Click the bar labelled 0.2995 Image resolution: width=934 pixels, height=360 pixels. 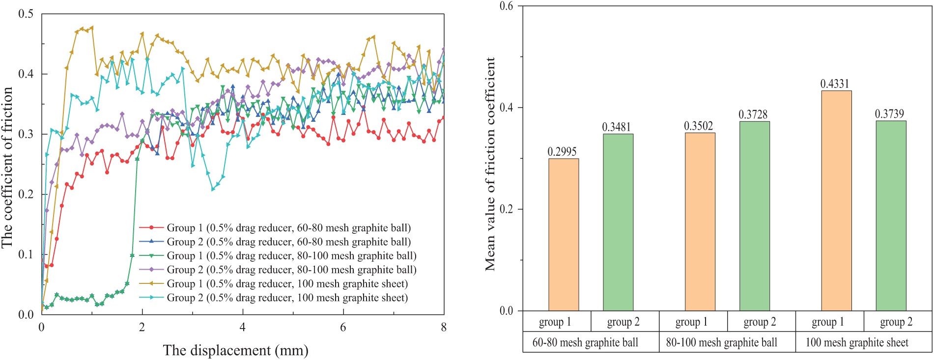click(x=563, y=235)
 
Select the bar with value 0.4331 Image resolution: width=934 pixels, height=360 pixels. click(x=836, y=201)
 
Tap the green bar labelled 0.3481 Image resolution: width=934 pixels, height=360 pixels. click(x=618, y=222)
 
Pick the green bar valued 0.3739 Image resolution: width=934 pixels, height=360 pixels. click(x=891, y=216)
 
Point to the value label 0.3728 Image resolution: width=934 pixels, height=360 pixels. click(x=753, y=114)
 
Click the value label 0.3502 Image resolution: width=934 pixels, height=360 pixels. click(x=698, y=126)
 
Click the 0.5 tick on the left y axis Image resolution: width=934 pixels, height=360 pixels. click(x=26, y=14)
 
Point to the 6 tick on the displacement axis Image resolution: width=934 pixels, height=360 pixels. click(x=343, y=328)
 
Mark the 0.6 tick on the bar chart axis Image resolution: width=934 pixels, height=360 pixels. click(x=506, y=6)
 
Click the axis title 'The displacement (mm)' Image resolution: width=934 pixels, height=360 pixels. click(x=236, y=351)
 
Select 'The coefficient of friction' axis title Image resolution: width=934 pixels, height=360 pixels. click(x=7, y=167)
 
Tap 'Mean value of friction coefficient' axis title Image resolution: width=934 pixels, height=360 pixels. click(x=490, y=164)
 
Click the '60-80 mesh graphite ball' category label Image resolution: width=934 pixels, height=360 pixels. click(x=585, y=343)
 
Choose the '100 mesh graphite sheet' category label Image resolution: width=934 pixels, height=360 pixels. click(x=857, y=343)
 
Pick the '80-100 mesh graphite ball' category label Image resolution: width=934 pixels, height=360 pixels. click(x=721, y=343)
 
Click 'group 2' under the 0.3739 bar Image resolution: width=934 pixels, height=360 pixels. click(x=896, y=322)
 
